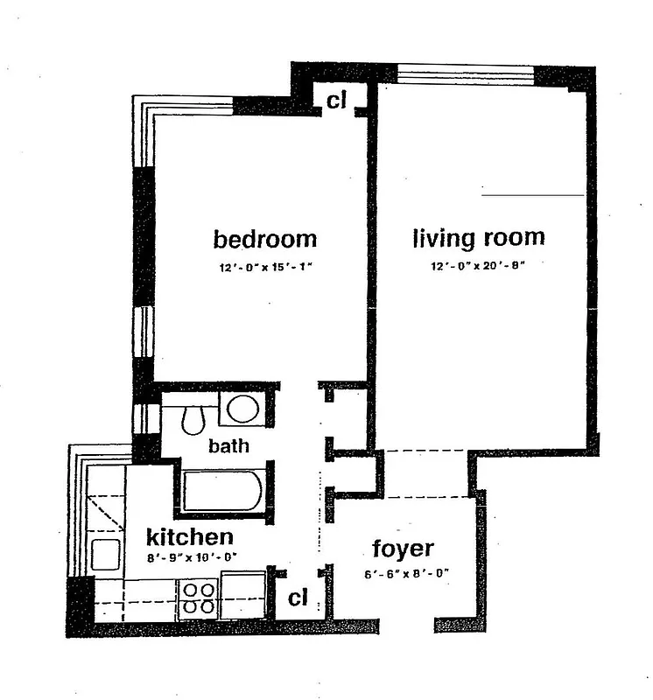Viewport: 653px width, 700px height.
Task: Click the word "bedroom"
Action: (264, 239)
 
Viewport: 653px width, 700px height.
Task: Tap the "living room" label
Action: (479, 237)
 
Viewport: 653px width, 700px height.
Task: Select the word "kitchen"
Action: (189, 536)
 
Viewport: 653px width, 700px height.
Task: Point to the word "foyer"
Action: (403, 549)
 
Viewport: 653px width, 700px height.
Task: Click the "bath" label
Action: (228, 446)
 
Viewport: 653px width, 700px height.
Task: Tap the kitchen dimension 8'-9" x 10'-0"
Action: (190, 557)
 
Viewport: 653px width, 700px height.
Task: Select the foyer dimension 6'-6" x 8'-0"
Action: (406, 574)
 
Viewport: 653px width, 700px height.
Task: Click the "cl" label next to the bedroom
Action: (337, 101)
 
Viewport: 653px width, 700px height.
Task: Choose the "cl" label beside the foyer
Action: (298, 598)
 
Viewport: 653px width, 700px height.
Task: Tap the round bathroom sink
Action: (242, 409)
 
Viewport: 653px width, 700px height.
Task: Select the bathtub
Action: (223, 492)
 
